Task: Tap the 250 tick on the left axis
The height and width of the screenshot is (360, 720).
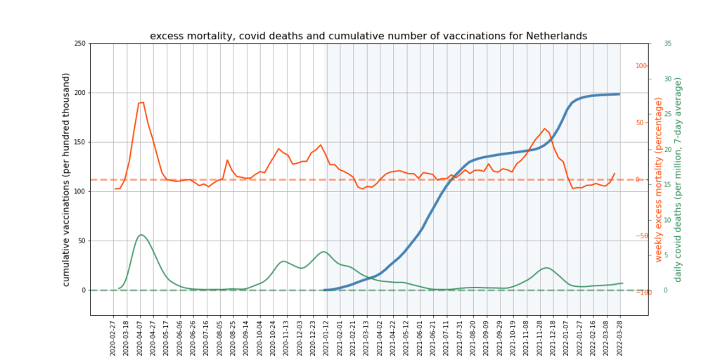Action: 79,44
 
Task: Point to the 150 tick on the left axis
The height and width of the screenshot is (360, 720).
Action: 79,142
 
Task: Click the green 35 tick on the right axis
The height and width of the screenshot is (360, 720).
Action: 667,44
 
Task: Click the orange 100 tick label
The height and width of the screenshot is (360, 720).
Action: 641,66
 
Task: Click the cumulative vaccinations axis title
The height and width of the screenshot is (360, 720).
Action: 67,179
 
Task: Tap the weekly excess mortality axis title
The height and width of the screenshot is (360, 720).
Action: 659,179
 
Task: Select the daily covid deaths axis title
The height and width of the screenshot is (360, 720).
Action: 679,179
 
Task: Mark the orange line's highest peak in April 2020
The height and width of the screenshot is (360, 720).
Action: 142,102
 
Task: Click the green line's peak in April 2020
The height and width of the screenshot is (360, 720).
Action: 141,235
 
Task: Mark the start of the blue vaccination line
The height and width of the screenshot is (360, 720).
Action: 325,290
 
